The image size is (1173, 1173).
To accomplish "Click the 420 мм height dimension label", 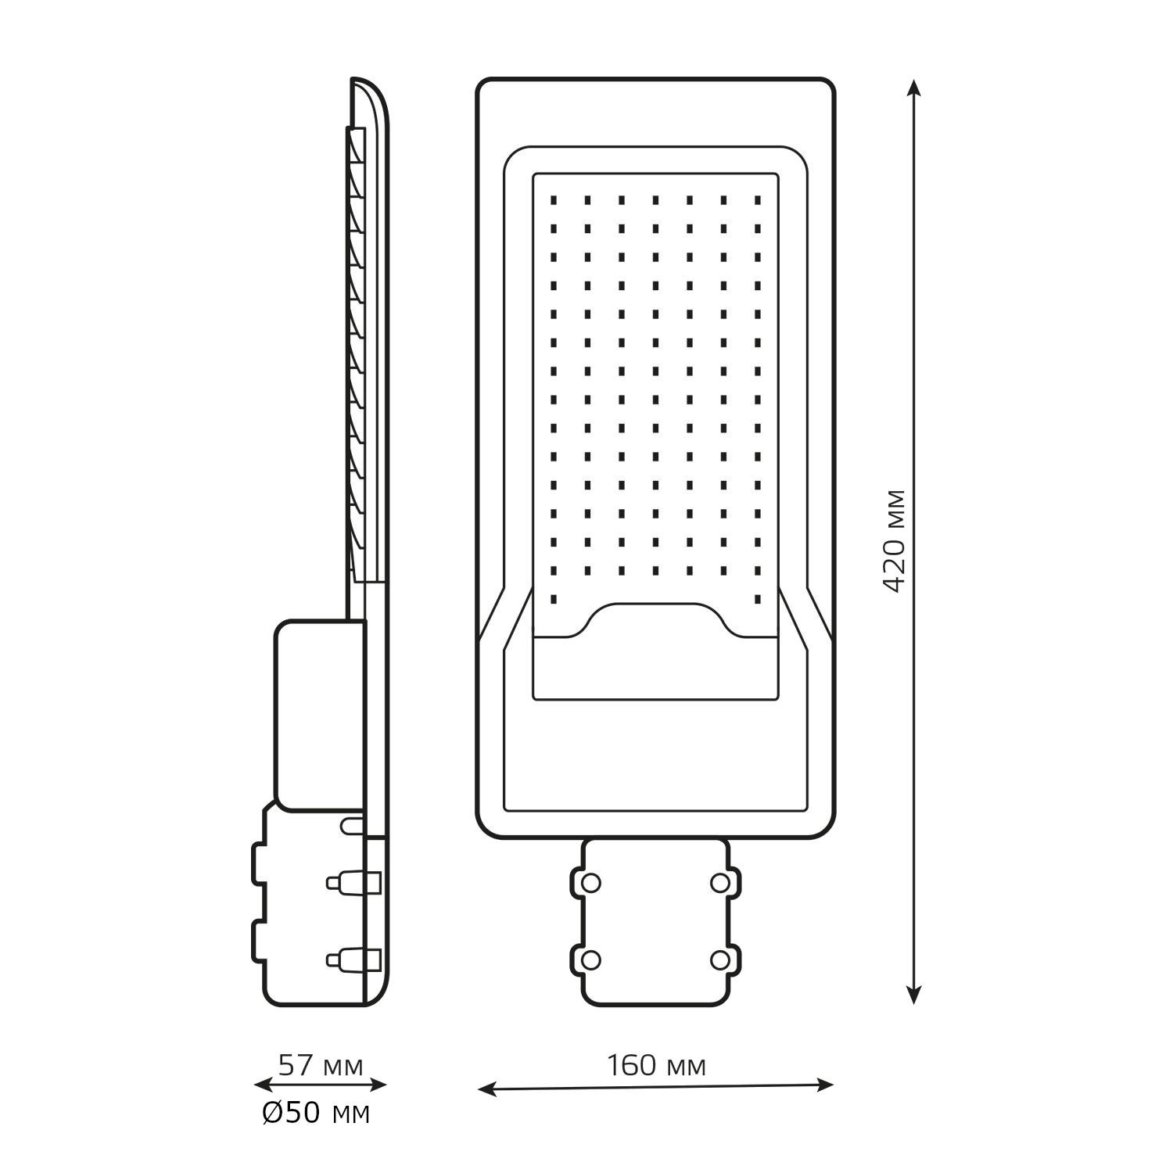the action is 894,540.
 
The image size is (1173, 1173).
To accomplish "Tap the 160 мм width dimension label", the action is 656,1066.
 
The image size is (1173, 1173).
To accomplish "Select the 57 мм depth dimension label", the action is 321,1065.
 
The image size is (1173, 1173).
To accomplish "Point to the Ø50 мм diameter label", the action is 316,1114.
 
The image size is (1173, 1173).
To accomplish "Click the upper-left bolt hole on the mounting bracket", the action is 591,883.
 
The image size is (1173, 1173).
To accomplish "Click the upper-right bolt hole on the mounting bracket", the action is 719,883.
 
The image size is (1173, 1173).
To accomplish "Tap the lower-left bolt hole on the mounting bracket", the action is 591,960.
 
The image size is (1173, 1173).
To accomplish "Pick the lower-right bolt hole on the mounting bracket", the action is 719,960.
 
